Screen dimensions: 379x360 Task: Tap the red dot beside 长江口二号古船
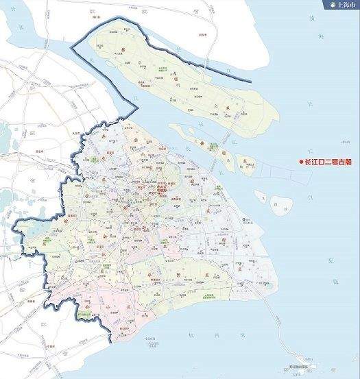point(300,162)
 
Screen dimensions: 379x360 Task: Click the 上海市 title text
point(342,5)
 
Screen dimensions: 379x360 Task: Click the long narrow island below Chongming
point(206,140)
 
